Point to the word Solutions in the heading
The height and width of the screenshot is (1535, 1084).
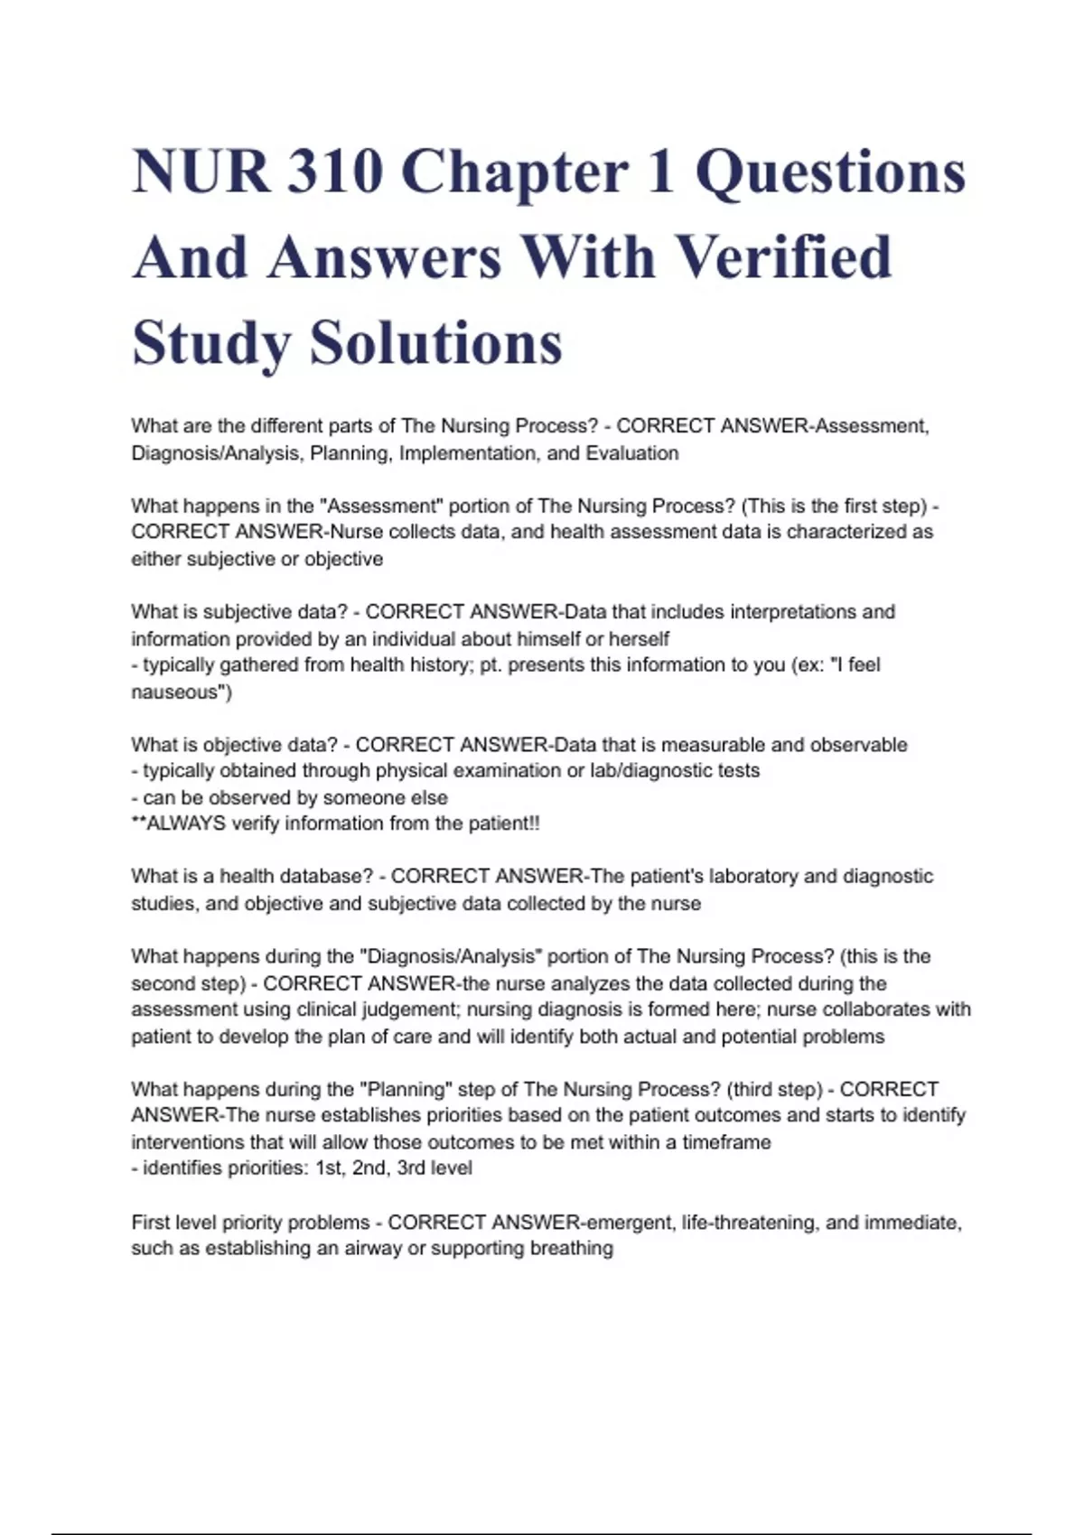point(436,343)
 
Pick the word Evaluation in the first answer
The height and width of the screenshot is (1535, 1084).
point(632,453)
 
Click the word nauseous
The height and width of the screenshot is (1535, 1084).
point(176,693)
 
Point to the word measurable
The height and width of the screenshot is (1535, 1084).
point(704,745)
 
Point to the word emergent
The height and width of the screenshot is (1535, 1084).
point(631,1223)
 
